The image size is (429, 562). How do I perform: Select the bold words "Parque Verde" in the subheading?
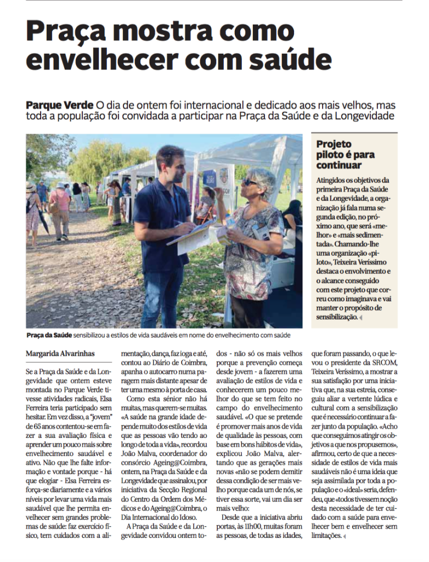tap(60, 104)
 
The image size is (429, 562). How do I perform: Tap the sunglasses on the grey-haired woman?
tap(250, 182)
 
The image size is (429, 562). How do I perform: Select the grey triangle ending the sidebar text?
tap(361, 318)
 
